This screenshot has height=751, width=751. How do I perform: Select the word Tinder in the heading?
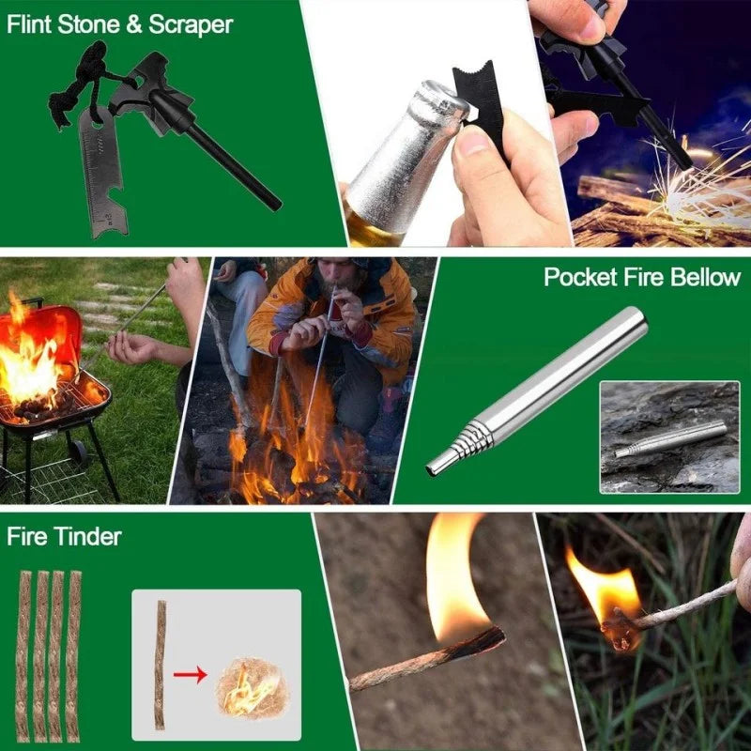click(91, 537)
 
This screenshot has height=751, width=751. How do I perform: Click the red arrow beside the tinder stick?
click(191, 672)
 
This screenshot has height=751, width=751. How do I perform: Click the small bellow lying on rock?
click(670, 438)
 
